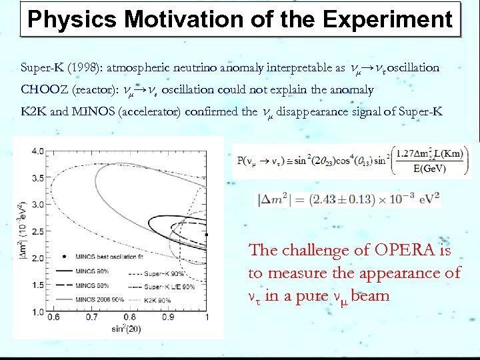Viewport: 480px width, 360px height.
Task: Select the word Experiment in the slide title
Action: tap(389, 20)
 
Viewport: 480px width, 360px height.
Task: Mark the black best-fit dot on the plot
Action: tap(207, 235)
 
